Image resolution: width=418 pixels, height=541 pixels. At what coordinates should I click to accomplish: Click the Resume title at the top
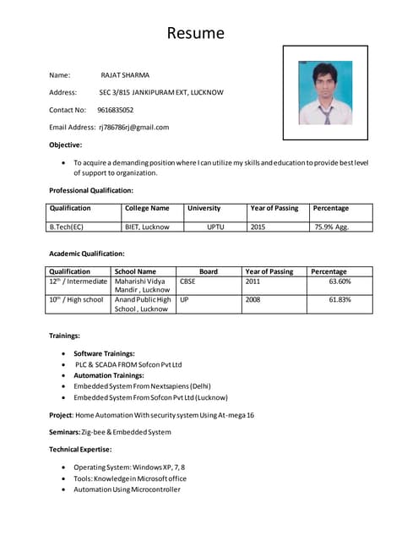196,33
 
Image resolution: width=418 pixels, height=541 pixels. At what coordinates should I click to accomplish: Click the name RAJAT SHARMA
124,75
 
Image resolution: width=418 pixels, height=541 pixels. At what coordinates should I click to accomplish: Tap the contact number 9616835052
115,110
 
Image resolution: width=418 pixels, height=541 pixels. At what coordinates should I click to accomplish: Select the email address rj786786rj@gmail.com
134,127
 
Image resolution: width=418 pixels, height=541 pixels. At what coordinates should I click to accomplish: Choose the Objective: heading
66,145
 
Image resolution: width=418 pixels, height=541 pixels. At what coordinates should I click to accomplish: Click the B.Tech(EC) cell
68,227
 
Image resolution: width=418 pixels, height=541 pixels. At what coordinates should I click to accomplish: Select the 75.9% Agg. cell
331,227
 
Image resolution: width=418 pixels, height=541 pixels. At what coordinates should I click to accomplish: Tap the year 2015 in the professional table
258,227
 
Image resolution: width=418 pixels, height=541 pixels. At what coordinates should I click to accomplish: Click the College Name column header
147,208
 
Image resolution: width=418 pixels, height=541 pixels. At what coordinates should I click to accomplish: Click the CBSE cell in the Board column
187,281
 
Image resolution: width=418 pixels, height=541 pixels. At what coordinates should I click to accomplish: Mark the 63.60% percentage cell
339,281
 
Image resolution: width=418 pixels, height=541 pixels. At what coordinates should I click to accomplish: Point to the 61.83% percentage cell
339,299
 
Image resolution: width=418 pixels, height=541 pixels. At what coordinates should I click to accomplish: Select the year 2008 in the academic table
252,299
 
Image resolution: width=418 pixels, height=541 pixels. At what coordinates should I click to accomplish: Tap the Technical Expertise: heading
80,449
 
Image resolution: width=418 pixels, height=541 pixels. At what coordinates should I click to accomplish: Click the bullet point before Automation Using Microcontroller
65,489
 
